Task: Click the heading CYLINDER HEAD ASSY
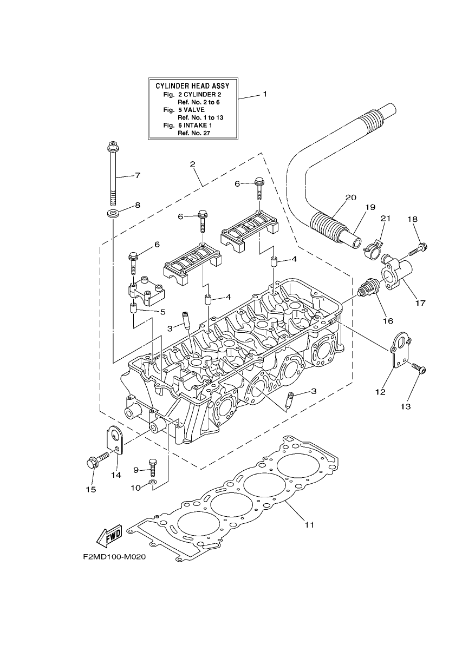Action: (x=192, y=86)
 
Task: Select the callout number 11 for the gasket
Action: (x=309, y=524)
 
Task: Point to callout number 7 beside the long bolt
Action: (x=138, y=175)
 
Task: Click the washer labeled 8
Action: (x=113, y=214)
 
